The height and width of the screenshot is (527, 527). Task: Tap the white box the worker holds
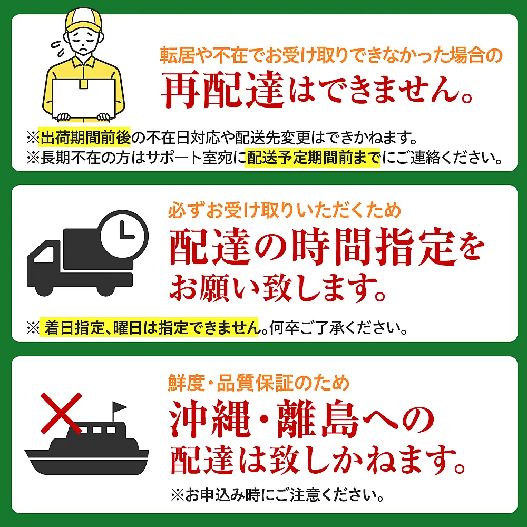coord(84,99)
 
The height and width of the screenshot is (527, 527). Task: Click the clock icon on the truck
coord(124,234)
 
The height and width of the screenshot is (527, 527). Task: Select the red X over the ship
coord(61,413)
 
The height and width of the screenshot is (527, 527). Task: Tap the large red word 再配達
coord(223,91)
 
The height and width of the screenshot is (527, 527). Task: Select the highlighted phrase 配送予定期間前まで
coord(314,157)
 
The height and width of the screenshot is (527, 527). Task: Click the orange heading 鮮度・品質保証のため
coord(259,383)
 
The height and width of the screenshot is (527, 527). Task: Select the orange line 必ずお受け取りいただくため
coord(285,210)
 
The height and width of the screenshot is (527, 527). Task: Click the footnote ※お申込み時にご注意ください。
coord(277,495)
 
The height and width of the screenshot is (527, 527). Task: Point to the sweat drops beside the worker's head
coord(58,49)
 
